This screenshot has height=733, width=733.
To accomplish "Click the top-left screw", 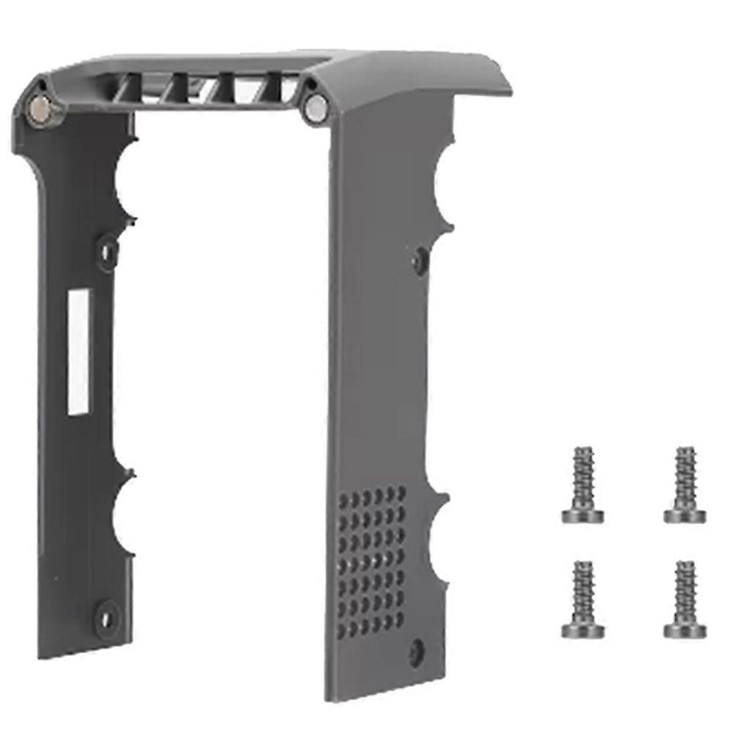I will [583, 485].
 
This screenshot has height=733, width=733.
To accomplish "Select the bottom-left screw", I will [583, 599].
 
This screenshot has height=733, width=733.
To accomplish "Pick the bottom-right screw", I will [685, 599].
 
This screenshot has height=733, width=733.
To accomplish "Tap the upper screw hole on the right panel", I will [420, 258].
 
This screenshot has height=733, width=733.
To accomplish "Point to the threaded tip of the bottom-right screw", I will [686, 568].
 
